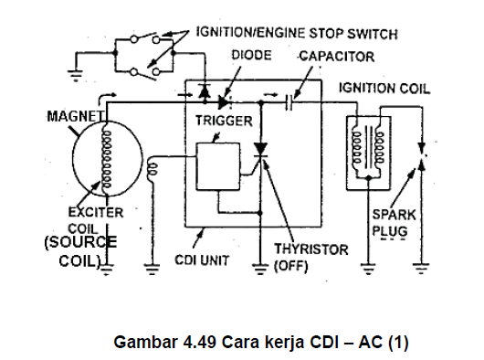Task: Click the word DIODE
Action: pos(251,55)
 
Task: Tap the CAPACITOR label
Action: pos(337,57)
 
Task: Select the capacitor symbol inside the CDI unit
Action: pos(289,102)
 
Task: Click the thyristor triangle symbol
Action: pos(260,150)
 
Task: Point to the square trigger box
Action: pos(218,166)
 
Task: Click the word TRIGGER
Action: pos(224,121)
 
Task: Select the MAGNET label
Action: pos(76,116)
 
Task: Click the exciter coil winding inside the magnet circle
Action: pos(107,159)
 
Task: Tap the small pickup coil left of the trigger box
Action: pos(153,169)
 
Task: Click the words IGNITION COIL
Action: pos(384,89)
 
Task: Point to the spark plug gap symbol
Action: pos(422,156)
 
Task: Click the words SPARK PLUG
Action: pos(395,223)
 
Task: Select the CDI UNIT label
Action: pos(202,260)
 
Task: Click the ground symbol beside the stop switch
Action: pos(75,75)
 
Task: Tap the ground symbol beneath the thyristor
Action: pos(260,269)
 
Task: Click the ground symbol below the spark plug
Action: pos(421,268)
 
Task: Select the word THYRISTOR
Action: pos(311,249)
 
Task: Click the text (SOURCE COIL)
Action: pos(80,251)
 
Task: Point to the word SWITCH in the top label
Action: pos(373,34)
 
